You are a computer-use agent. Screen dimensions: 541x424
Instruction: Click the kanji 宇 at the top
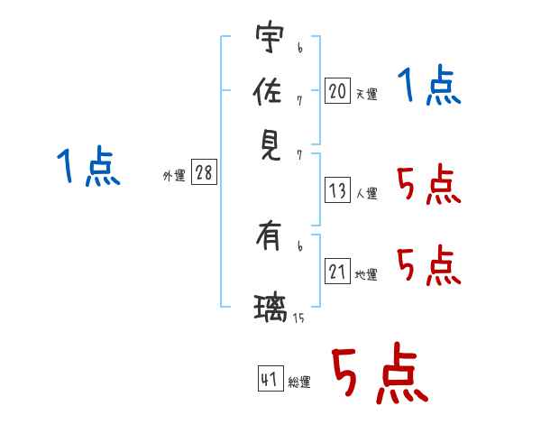(x=270, y=37)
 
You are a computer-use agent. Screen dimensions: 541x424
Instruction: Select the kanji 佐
(x=268, y=90)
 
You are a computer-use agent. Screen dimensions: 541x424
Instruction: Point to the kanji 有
(x=268, y=235)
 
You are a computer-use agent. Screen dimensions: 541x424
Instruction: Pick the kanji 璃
(x=270, y=308)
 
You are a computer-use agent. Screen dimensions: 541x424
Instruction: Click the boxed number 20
(x=337, y=90)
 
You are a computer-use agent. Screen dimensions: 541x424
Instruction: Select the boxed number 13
(x=337, y=190)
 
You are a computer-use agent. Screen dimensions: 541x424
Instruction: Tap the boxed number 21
(x=337, y=271)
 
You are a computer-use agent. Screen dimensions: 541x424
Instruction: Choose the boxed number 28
(x=204, y=171)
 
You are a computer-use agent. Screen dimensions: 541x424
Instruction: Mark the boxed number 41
(x=270, y=378)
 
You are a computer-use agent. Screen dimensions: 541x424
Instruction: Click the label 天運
(x=367, y=94)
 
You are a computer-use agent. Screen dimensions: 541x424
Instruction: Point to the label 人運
(x=367, y=193)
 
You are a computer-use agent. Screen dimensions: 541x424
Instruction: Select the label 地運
(x=366, y=274)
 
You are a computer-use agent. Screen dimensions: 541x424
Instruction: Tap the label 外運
(x=174, y=175)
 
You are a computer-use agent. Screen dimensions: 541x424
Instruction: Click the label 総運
(x=299, y=382)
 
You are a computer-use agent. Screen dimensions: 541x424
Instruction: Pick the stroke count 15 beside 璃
(x=298, y=318)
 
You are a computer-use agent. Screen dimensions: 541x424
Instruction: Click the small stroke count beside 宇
(x=300, y=48)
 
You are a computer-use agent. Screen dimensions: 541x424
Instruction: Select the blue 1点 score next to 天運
(x=429, y=84)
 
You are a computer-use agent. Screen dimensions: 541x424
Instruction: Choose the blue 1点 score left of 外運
(x=88, y=166)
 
